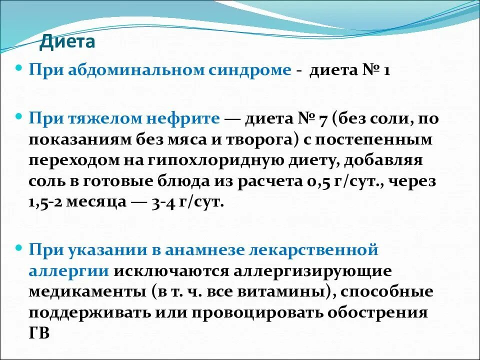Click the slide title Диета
click(67, 41)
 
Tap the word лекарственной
click(327, 249)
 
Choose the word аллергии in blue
click(68, 270)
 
